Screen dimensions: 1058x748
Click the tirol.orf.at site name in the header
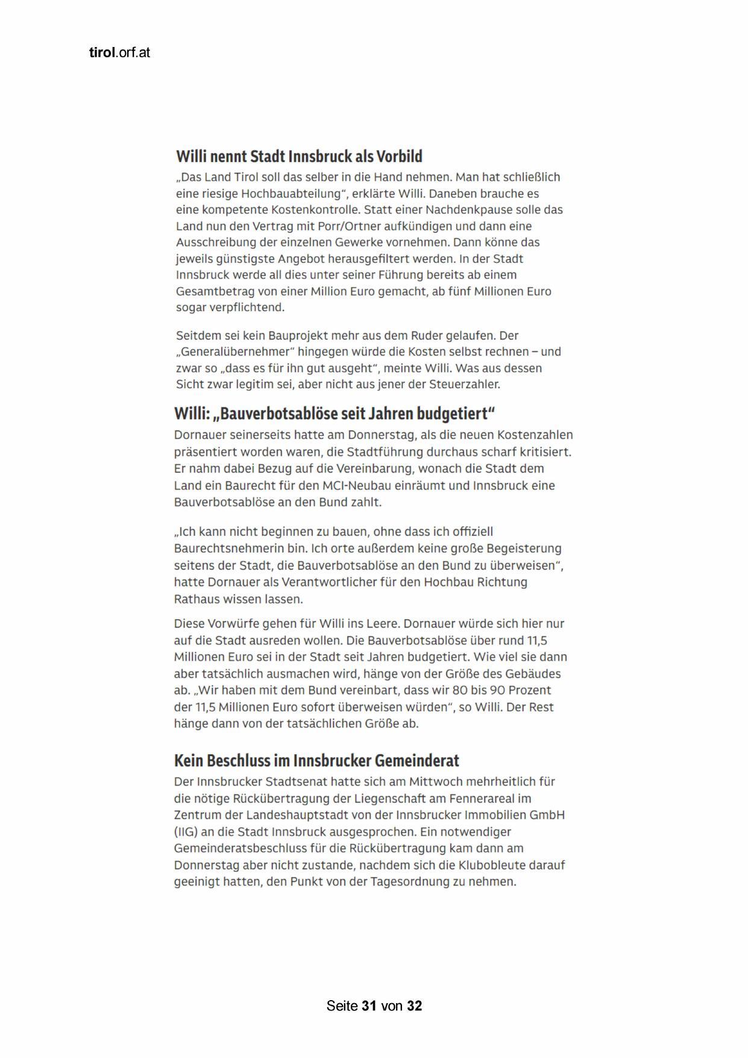coord(119,52)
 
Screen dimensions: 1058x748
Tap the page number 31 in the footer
coord(369,1006)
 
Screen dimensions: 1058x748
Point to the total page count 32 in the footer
coord(414,1006)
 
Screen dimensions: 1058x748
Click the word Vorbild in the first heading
coord(399,157)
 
